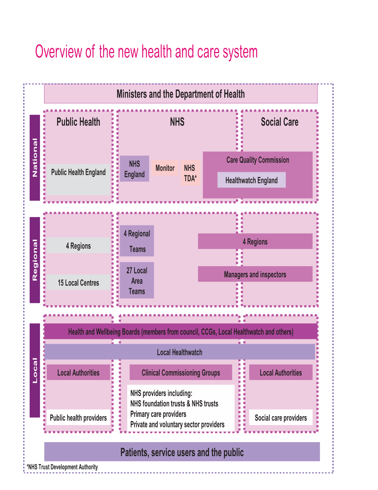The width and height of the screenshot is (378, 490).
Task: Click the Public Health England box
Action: pyautogui.click(x=78, y=172)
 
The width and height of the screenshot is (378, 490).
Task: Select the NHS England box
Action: pyautogui.click(x=134, y=169)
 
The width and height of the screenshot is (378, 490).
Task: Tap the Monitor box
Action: pyautogui.click(x=165, y=168)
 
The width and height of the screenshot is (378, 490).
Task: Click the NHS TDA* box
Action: pyautogui.click(x=190, y=173)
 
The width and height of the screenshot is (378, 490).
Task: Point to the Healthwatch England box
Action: pyautogui.click(x=251, y=180)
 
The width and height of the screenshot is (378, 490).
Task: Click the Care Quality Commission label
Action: pyautogui.click(x=258, y=160)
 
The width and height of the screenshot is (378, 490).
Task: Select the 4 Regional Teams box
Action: pyautogui.click(x=137, y=241)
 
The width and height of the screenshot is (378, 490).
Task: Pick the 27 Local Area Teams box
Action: pyautogui.click(x=137, y=281)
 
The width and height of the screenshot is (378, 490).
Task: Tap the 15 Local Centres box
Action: pyautogui.click(x=78, y=283)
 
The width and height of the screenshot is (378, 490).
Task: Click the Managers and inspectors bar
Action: pyautogui.click(x=255, y=275)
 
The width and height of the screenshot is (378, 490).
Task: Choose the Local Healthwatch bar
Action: pyautogui.click(x=179, y=352)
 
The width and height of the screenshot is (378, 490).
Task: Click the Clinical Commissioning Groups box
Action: pyautogui.click(x=180, y=373)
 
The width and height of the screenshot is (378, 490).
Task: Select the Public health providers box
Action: pyautogui.click(x=78, y=418)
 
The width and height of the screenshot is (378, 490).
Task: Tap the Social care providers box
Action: pyautogui.click(x=281, y=418)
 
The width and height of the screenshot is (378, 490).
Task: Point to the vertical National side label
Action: pyautogui.click(x=35, y=158)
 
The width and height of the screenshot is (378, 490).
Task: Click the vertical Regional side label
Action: pyautogui.click(x=35, y=260)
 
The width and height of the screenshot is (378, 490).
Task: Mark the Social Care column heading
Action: pyautogui.click(x=279, y=122)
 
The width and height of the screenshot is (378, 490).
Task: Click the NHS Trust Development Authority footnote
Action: pyautogui.click(x=62, y=467)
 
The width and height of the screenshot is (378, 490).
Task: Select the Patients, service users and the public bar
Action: pyautogui.click(x=182, y=452)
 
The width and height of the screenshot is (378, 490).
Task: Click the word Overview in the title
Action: pyautogui.click(x=59, y=52)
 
